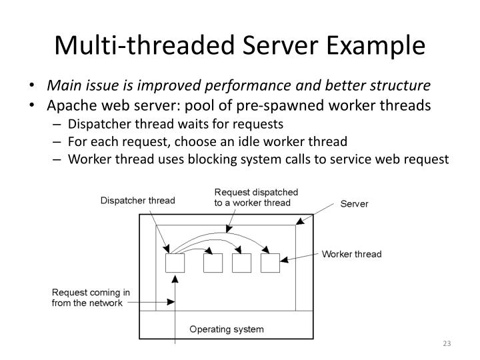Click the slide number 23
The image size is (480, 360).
point(447,343)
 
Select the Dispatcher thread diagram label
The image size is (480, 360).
point(137,200)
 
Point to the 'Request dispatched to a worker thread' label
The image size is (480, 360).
point(256,197)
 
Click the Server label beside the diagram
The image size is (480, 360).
point(354,204)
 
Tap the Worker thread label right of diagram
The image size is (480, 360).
point(351,254)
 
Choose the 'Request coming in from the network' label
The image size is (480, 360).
point(91,298)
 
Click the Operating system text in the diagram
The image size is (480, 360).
point(226,329)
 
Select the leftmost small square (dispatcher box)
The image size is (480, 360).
point(175,263)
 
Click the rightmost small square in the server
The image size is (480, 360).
point(270,263)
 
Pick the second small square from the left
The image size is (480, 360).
point(213,263)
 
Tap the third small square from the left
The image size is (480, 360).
point(241,263)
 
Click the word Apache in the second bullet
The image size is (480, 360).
point(71,106)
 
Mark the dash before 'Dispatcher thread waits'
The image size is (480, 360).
point(59,123)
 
